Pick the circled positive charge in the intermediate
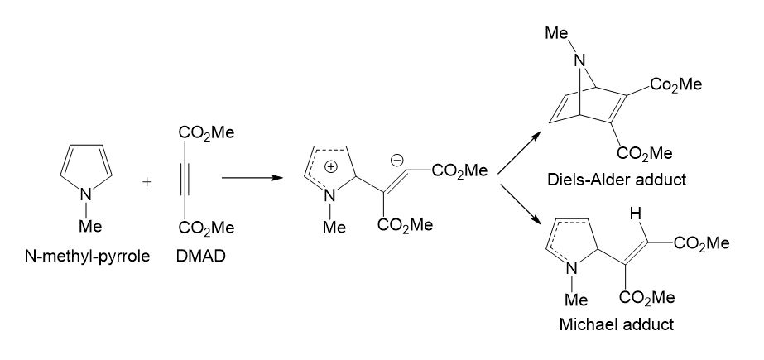point(331,166)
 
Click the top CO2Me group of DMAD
point(205,132)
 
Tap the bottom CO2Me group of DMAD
point(205,227)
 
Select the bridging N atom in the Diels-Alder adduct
point(582,60)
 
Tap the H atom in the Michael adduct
point(635,214)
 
